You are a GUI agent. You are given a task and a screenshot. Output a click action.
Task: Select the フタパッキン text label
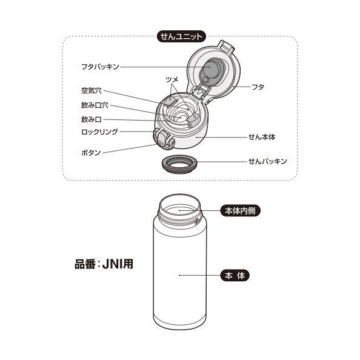click(101, 66)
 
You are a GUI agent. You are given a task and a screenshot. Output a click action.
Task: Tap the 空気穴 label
click(91, 91)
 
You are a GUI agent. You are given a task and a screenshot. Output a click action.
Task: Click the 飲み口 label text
click(91, 119)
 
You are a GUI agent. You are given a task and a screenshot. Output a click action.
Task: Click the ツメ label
click(172, 79)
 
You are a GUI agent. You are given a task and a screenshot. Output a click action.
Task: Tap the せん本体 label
click(262, 138)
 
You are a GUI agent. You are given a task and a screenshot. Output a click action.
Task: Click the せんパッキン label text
click(267, 162)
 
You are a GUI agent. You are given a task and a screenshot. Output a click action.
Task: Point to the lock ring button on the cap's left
click(163, 139)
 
